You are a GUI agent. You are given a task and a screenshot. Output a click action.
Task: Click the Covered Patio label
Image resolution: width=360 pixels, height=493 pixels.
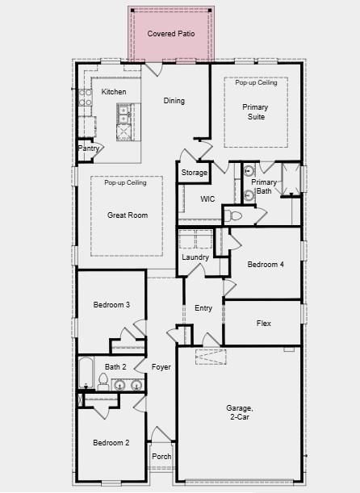click(171, 34)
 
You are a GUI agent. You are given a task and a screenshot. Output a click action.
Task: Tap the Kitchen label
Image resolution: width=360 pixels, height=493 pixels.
click(114, 92)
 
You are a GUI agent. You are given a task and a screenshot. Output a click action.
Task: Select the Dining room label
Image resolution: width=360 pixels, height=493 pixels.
click(174, 101)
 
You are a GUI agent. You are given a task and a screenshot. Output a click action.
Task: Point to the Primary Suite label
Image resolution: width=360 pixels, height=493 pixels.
click(255, 111)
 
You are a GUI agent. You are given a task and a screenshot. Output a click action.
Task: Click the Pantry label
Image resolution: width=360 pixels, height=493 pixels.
click(89, 148)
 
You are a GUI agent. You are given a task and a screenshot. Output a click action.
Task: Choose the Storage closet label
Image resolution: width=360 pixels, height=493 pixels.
click(194, 173)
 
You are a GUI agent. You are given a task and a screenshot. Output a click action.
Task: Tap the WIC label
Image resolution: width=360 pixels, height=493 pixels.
click(207, 198)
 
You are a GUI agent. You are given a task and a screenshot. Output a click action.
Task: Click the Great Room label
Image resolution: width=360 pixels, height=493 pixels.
click(128, 215)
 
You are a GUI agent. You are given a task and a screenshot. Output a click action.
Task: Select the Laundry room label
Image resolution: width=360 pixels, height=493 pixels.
click(195, 257)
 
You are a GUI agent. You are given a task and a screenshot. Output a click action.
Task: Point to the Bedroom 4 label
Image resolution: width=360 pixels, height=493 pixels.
click(266, 265)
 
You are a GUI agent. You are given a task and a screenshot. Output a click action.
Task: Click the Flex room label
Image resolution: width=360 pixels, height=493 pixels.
click(263, 324)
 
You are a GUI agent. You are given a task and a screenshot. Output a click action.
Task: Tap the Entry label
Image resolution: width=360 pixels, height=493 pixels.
click(203, 308)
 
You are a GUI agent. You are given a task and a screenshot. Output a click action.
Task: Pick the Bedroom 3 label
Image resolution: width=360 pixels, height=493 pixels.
click(111, 304)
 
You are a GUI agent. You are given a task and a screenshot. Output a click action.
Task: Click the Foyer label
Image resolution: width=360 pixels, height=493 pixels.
click(161, 367)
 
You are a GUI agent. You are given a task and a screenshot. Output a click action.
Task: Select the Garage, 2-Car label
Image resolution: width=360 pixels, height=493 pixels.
click(239, 413)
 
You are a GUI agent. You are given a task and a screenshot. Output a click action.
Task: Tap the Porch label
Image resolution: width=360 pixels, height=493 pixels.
click(161, 457)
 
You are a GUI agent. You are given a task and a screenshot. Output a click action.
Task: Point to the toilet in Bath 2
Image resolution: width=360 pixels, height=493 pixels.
click(103, 380)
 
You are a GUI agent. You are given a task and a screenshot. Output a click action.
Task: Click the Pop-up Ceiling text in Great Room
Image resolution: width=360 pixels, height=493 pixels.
click(125, 183)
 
